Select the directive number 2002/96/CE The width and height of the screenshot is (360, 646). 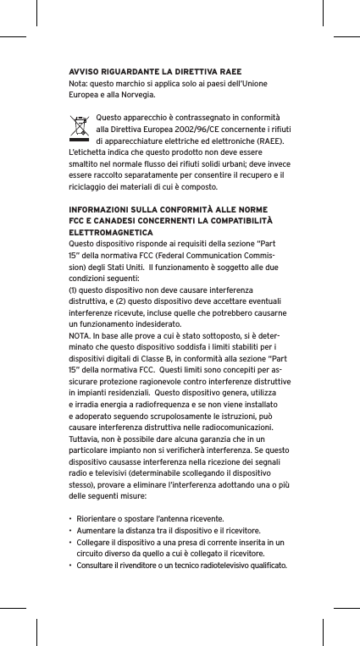[x=192, y=128]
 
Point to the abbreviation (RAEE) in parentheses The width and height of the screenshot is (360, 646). [x=267, y=140]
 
